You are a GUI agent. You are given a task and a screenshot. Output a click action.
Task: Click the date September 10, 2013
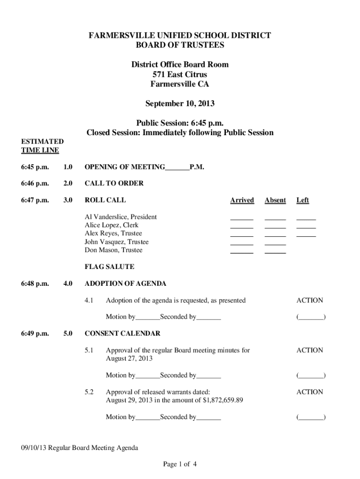point(180,103)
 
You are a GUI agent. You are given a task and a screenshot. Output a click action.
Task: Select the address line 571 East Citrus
point(180,74)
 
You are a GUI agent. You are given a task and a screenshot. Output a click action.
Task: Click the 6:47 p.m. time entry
point(35,200)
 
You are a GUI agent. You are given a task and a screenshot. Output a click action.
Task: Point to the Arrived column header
point(242,200)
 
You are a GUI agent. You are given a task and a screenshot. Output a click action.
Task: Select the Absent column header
point(275,200)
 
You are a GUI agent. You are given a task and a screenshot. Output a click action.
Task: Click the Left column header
point(302,200)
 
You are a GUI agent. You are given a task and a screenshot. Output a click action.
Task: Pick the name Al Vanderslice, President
point(120,217)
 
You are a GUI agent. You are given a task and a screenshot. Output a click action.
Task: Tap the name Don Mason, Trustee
point(113,250)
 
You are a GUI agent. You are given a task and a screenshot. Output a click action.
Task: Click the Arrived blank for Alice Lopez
point(242,227)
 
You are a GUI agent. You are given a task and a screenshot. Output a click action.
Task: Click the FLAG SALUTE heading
point(109,267)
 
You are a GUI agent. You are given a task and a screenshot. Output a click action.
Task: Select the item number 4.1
point(89,300)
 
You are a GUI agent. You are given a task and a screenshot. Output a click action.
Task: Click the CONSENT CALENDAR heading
point(122,334)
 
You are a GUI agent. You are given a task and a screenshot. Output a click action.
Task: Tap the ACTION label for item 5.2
point(310,392)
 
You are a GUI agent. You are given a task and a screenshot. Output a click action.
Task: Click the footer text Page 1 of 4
point(180,464)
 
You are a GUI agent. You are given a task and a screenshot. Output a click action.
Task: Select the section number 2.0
point(68,183)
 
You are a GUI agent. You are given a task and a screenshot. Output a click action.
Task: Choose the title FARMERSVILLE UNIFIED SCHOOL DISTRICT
point(180,36)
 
